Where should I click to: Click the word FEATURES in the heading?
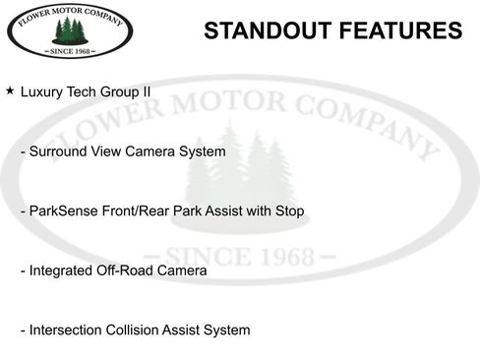coord(401,30)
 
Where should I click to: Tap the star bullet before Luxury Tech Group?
coord(10,90)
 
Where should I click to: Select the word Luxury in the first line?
coord(43,91)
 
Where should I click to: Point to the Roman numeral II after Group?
coord(147,91)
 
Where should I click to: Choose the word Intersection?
coord(68,330)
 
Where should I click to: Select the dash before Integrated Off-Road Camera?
coord(23,270)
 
